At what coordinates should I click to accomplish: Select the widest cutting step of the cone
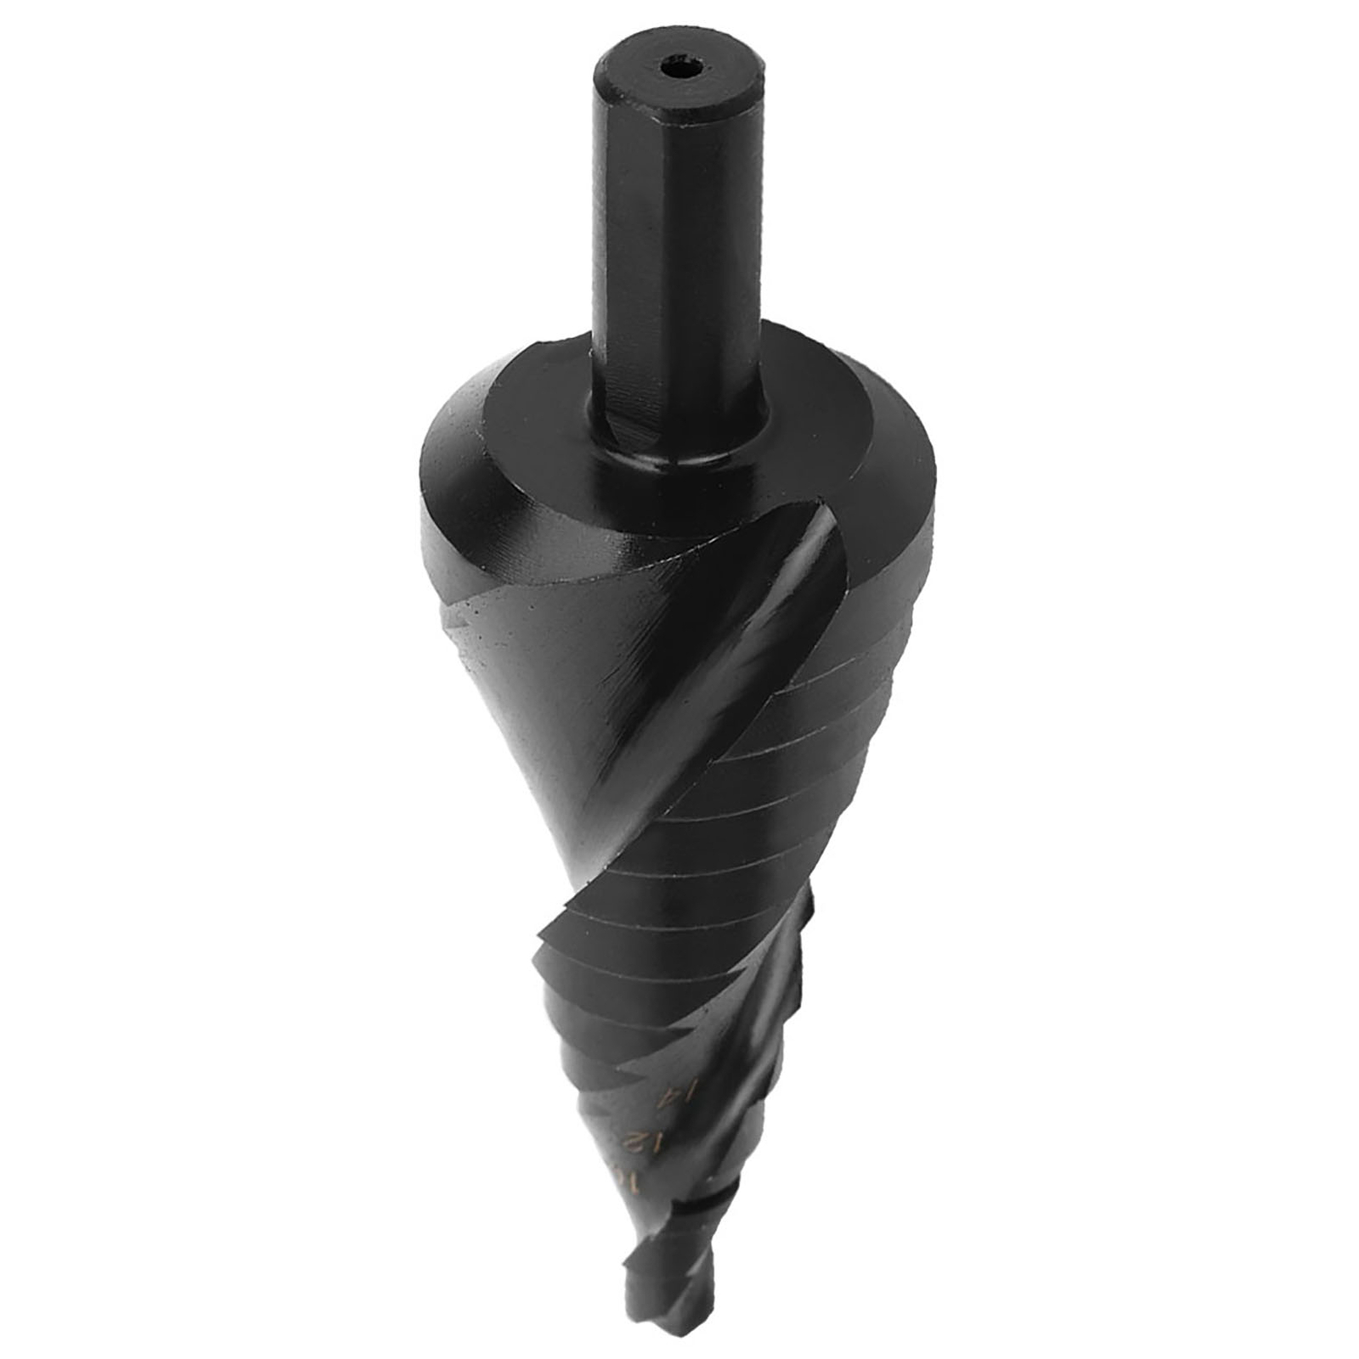point(883,595)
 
